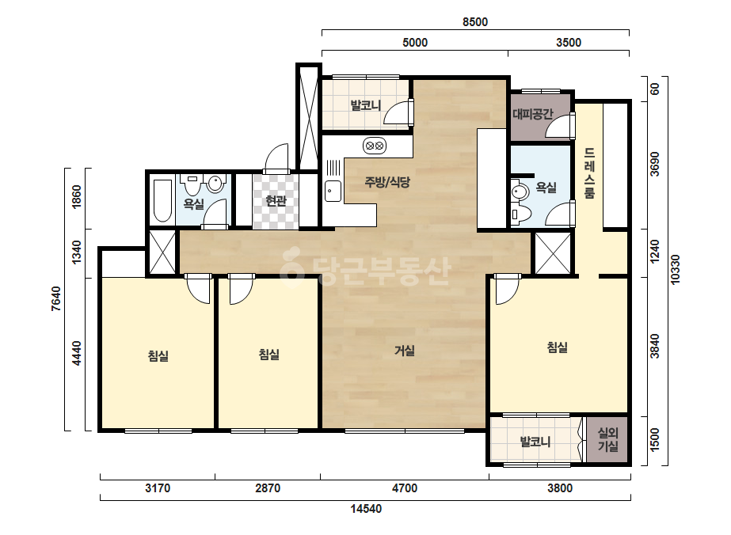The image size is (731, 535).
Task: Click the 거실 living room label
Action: (x=404, y=351)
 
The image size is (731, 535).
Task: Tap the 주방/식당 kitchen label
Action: (x=387, y=182)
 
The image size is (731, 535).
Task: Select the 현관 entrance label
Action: (x=276, y=201)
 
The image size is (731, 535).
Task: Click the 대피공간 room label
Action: (x=533, y=114)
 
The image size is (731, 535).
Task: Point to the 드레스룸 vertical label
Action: (x=590, y=173)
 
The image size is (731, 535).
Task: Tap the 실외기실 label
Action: (x=608, y=440)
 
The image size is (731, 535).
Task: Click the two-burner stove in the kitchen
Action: (x=375, y=146)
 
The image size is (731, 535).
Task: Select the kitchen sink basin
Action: (x=333, y=191)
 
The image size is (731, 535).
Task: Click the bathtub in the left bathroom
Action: (x=162, y=201)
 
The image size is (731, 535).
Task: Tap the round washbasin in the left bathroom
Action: (x=215, y=184)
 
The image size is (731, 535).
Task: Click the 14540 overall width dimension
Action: (x=366, y=508)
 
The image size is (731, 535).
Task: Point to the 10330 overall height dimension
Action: (x=675, y=269)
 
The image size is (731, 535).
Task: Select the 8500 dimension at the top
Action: (x=475, y=22)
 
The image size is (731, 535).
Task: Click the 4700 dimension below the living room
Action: (x=405, y=488)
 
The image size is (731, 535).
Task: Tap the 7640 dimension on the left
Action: (x=55, y=298)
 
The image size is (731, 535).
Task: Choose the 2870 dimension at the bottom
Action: (x=268, y=488)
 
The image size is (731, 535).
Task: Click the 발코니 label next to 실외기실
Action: (x=535, y=441)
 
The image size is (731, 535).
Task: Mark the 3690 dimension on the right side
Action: (x=655, y=164)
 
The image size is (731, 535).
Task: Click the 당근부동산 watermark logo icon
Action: (x=291, y=267)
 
